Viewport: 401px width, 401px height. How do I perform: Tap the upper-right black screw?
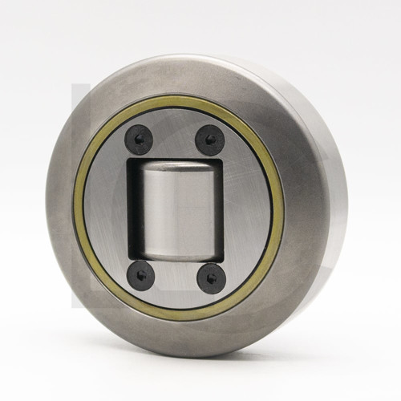[x=210, y=140]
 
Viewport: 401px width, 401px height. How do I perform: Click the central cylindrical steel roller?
[x=175, y=207]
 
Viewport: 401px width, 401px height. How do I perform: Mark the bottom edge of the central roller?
[x=174, y=254]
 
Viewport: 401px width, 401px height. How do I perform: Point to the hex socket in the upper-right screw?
[x=210, y=140]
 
